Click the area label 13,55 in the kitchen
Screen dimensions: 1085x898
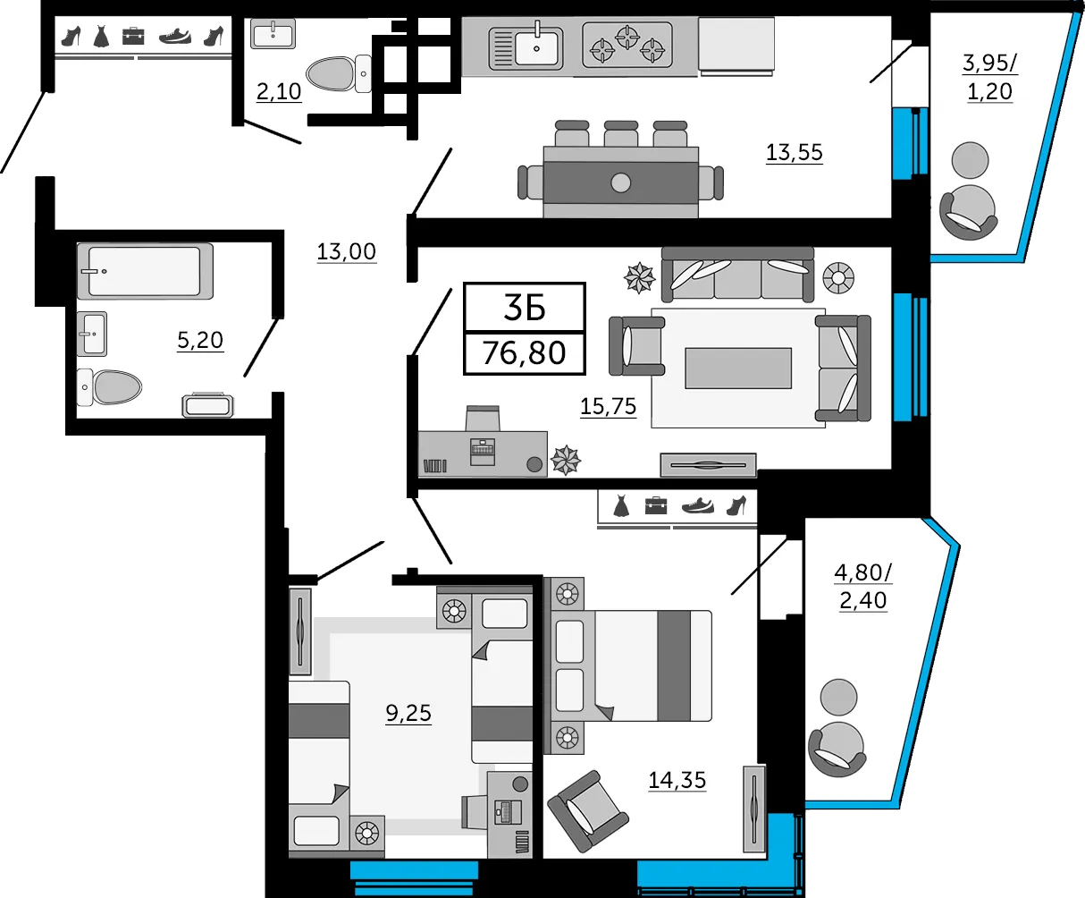pyautogui.click(x=795, y=153)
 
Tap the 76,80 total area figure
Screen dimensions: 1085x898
pyautogui.click(x=525, y=352)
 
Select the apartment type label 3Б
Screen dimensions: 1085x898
pyautogui.click(x=525, y=308)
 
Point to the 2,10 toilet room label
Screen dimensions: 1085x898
pyautogui.click(x=279, y=91)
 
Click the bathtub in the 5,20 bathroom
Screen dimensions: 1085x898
pyautogui.click(x=145, y=271)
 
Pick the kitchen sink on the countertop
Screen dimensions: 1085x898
pyautogui.click(x=526, y=47)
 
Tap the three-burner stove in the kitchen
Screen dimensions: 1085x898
pyautogui.click(x=627, y=45)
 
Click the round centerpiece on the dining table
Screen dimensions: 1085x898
pyautogui.click(x=620, y=182)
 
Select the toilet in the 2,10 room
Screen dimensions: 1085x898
pyautogui.click(x=339, y=73)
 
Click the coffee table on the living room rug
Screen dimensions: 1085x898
pyautogui.click(x=738, y=369)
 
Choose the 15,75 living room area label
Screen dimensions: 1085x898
pyautogui.click(x=608, y=407)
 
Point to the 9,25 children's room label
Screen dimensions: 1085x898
pyautogui.click(x=408, y=714)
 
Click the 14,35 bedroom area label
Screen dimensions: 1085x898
pyautogui.click(x=677, y=781)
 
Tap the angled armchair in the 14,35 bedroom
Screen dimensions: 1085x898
pyautogui.click(x=588, y=811)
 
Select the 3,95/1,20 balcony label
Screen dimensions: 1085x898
pyautogui.click(x=990, y=78)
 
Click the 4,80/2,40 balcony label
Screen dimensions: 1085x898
pyautogui.click(x=863, y=587)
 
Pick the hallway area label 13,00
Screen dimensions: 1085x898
pyautogui.click(x=347, y=252)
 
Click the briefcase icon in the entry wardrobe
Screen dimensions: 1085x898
pyautogui.click(x=133, y=37)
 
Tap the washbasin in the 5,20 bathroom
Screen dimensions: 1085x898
pyautogui.click(x=92, y=334)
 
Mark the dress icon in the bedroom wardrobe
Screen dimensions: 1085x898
pyautogui.click(x=621, y=506)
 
